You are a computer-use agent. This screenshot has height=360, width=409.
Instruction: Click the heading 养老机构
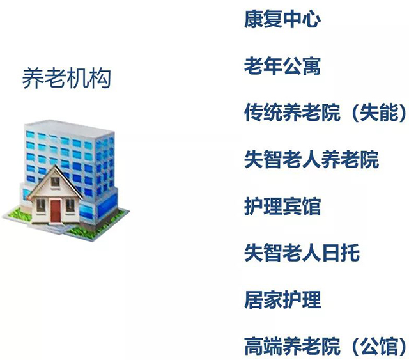[66, 78]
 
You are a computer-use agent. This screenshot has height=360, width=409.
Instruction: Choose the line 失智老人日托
[302, 253]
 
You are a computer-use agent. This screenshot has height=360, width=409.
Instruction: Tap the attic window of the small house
[55, 182]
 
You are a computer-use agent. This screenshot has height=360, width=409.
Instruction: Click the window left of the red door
[41, 206]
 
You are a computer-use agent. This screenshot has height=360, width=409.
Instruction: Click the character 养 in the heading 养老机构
[33, 78]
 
